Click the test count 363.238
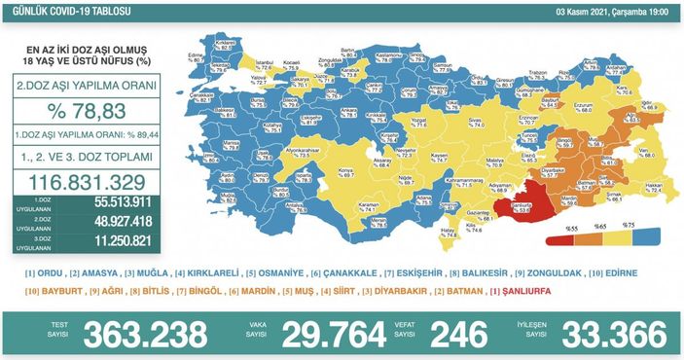pos(145,333)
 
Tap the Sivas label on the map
pos(476,123)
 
